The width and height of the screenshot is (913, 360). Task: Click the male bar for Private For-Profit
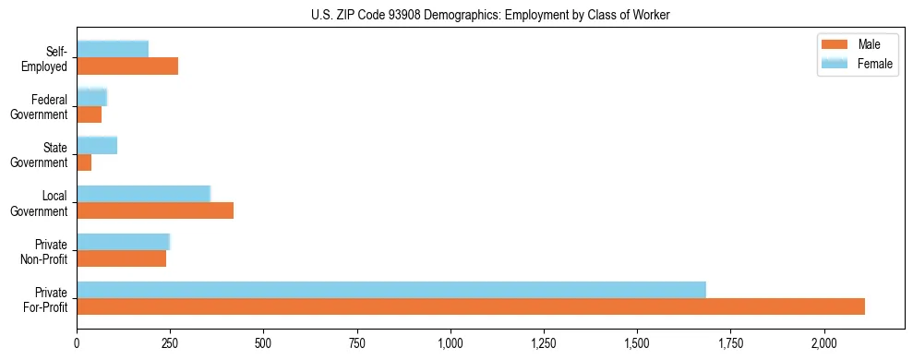[x=471, y=306]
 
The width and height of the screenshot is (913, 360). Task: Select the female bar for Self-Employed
[x=113, y=49]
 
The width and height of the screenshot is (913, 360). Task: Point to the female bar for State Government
[x=97, y=145]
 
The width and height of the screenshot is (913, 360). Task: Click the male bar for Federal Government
[x=89, y=114]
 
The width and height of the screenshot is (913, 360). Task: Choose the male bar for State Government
[x=84, y=162]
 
